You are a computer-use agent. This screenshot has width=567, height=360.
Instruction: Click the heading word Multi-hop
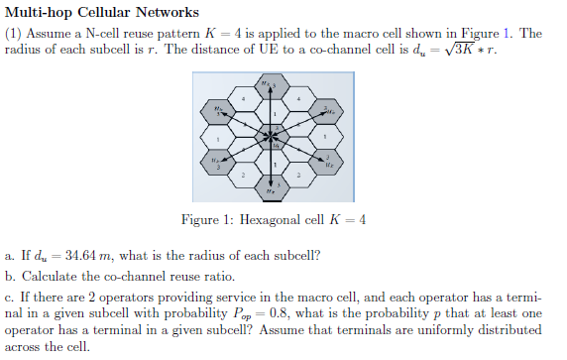click(x=39, y=12)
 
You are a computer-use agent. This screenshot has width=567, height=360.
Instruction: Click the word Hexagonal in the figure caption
click(x=267, y=220)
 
